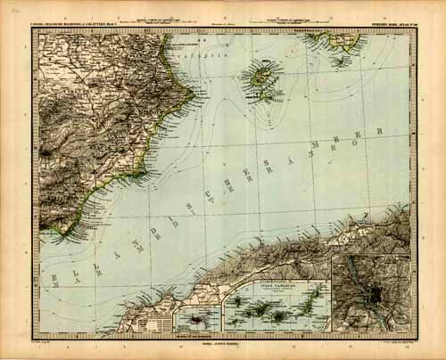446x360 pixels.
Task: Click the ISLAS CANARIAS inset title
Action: click(x=277, y=286)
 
